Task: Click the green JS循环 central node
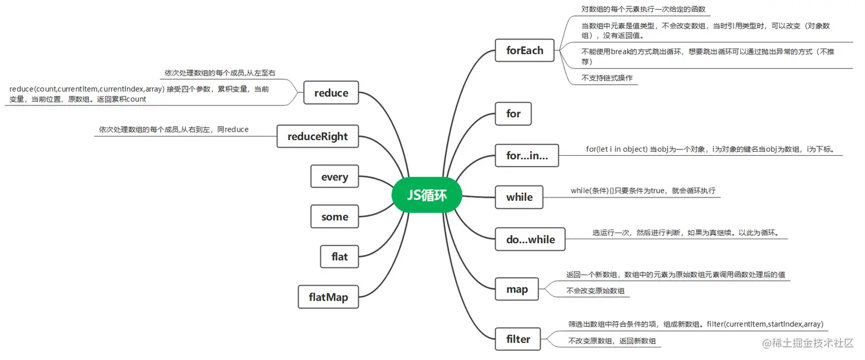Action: coord(427,196)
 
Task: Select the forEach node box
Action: coord(525,50)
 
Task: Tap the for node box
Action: coord(513,113)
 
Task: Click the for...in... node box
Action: coord(526,155)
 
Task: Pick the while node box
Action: coord(519,197)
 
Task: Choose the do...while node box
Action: coord(530,239)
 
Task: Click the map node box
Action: coord(517,289)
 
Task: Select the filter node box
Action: coord(518,339)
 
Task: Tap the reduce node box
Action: coord(331,93)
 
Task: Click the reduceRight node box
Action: coord(318,136)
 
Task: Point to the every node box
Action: coord(335,177)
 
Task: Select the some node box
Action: coord(335,217)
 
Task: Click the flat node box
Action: coord(339,256)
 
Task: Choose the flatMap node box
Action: coord(328,297)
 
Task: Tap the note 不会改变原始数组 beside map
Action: coord(595,291)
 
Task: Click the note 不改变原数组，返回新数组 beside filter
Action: coord(611,341)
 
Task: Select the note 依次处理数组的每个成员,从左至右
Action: coord(220,73)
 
